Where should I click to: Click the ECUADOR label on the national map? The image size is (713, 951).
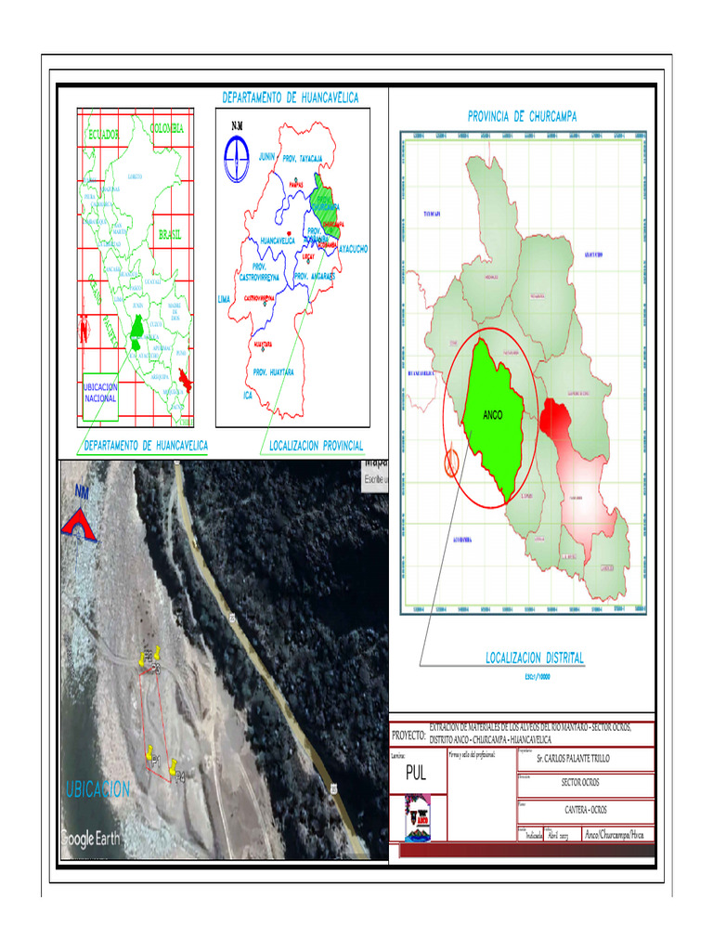pos(103,136)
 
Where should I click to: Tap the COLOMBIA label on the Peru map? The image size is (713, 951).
pos(168,128)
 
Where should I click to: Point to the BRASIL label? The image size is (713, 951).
pos(169,235)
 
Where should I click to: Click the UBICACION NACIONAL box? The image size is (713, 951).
pos(100,392)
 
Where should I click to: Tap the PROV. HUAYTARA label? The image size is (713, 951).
pos(273,371)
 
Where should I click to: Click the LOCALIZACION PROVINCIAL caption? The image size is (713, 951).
pos(317,447)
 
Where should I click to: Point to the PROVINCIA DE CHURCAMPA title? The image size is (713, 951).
pos(522,117)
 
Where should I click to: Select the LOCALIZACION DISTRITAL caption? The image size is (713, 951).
pos(535,658)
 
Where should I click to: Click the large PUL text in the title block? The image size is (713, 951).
pos(416,774)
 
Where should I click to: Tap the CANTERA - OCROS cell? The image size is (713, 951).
pos(586,810)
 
